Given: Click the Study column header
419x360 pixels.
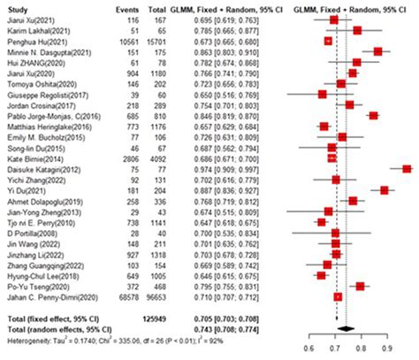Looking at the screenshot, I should point(18,6).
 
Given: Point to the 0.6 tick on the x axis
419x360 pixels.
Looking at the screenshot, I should point(309,348).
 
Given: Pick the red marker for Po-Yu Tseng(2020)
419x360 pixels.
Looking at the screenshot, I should point(360,286).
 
